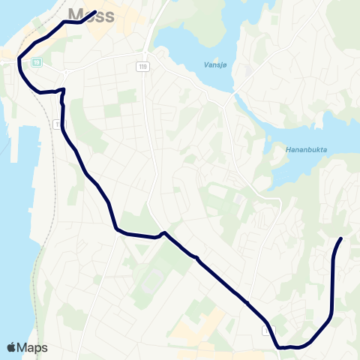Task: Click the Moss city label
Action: (x=91, y=13)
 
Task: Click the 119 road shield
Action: (x=142, y=67)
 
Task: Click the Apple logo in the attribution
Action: (x=11, y=348)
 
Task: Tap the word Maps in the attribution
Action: (x=32, y=348)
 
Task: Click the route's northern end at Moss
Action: (x=96, y=12)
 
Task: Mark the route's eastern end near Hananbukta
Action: (x=341, y=238)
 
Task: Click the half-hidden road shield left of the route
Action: (x=57, y=124)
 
